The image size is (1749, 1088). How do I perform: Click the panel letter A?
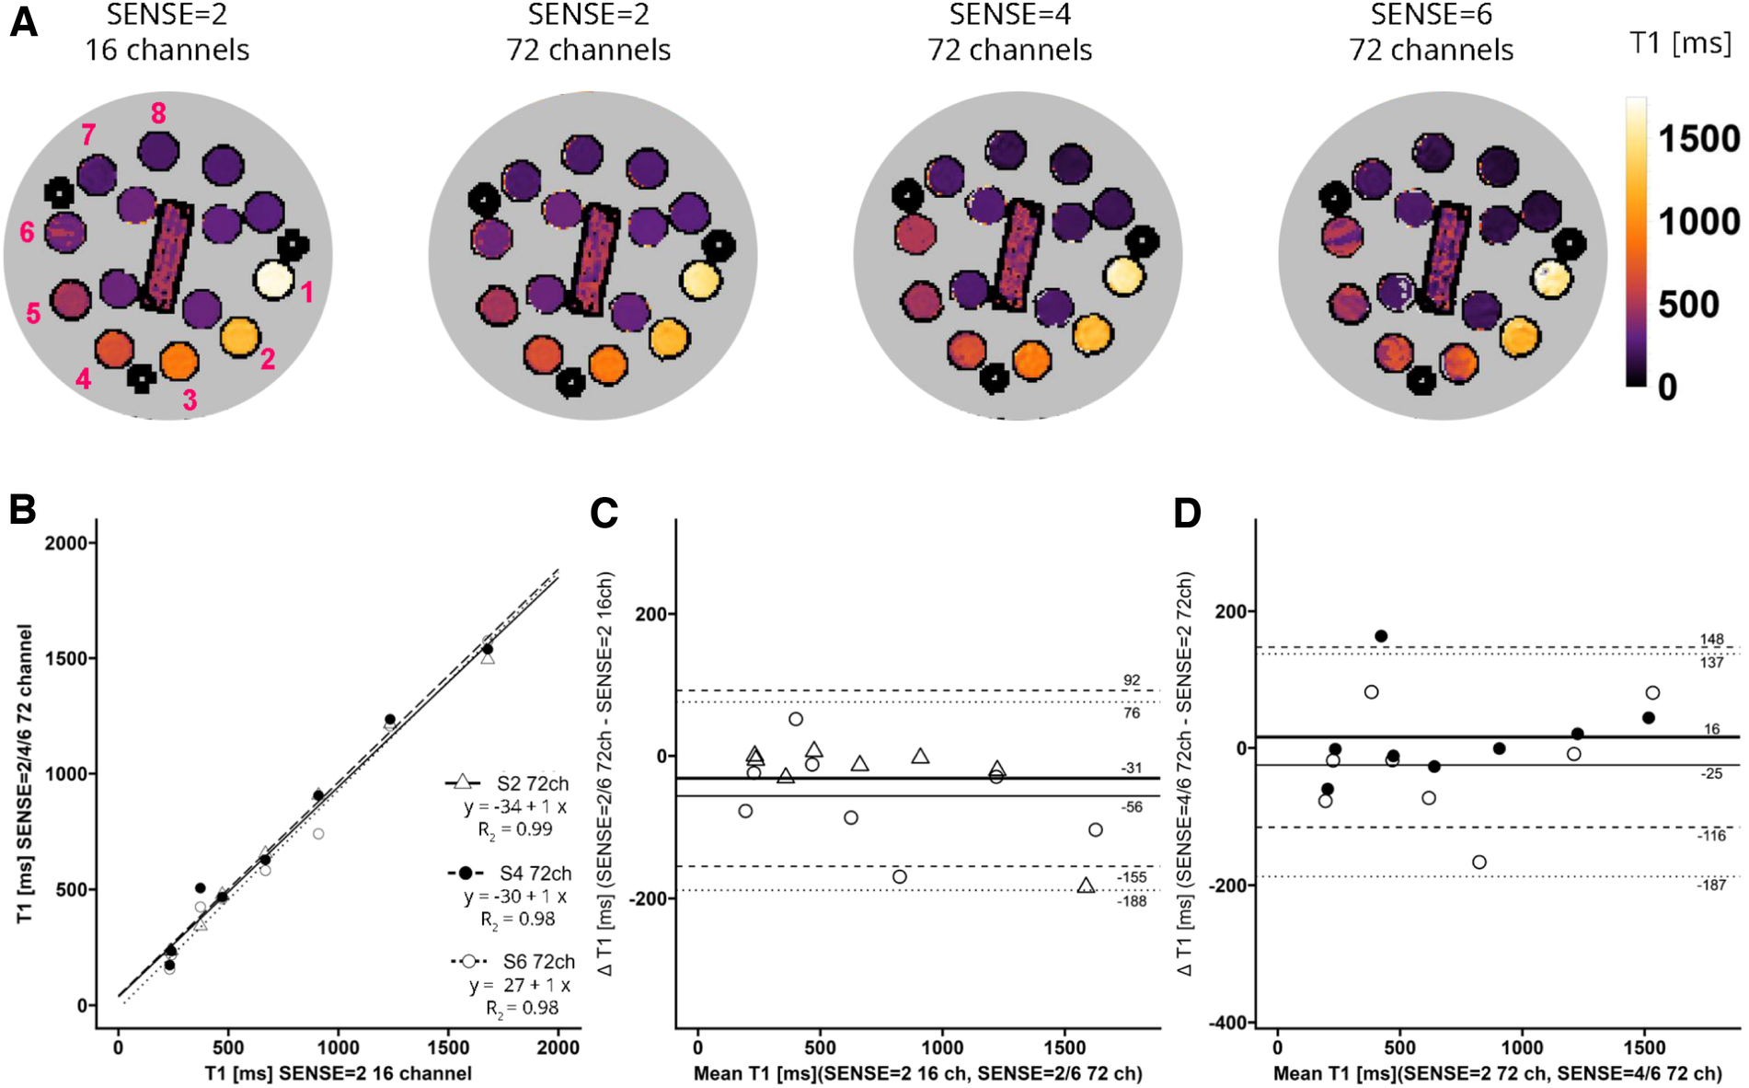pyautogui.click(x=23, y=21)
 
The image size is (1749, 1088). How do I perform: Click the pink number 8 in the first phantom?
pyautogui.click(x=158, y=113)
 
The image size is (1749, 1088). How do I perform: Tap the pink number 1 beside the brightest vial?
pyautogui.click(x=307, y=292)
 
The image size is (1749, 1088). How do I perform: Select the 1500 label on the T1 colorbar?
pyautogui.click(x=1698, y=139)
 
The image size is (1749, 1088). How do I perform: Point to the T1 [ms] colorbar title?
pyautogui.click(x=1680, y=42)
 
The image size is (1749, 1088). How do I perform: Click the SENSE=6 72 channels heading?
pyautogui.click(x=1431, y=32)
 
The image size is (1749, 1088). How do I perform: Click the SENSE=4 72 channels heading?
pyautogui.click(x=1009, y=32)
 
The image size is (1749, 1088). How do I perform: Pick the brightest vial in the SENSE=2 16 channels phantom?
pyautogui.click(x=274, y=279)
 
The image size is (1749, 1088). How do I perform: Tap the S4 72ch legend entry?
pyautogui.click(x=535, y=873)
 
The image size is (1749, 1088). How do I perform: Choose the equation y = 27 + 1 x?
pyautogui.click(x=520, y=985)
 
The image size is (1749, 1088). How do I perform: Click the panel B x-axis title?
pyautogui.click(x=338, y=1073)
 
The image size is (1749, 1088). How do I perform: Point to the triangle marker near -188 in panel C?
pyautogui.click(x=1086, y=885)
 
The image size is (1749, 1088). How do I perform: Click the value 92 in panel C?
pyautogui.click(x=1131, y=680)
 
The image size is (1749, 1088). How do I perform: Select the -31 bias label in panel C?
pyautogui.click(x=1131, y=768)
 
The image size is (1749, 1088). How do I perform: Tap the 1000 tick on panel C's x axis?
pyautogui.click(x=942, y=1047)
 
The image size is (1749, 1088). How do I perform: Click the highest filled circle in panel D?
pyautogui.click(x=1381, y=636)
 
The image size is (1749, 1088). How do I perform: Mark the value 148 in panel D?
pyautogui.click(x=1711, y=639)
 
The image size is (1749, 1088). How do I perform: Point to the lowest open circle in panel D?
pyautogui.click(x=1479, y=862)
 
